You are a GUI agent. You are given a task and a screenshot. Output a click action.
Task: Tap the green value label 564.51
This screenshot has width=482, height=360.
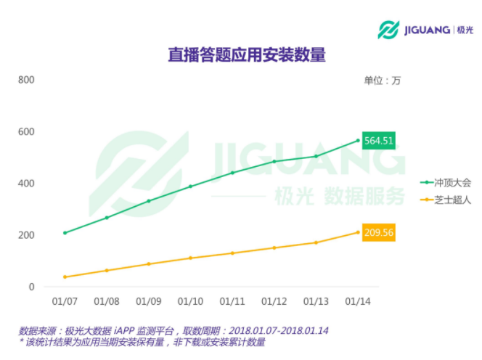click(378, 140)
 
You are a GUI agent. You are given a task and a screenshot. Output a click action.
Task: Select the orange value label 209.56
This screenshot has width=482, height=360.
click(378, 233)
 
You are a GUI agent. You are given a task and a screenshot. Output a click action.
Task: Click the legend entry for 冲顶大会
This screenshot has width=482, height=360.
click(446, 182)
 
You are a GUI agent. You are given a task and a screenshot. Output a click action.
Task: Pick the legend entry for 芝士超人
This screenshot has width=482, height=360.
click(446, 199)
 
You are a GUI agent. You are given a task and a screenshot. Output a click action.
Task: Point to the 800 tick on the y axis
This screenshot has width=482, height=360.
click(26, 79)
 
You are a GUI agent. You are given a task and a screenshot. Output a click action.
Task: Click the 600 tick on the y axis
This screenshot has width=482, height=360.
click(26, 131)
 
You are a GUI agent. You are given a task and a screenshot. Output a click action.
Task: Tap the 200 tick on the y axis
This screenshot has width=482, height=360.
click(26, 235)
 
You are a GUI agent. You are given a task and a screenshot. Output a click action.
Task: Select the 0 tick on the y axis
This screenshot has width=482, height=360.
click(31, 287)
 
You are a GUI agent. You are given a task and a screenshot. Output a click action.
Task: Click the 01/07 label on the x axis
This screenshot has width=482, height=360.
click(65, 301)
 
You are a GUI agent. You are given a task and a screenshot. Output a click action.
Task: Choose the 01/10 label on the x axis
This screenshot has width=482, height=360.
click(190, 301)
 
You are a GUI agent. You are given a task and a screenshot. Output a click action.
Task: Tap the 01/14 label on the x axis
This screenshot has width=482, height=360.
click(357, 301)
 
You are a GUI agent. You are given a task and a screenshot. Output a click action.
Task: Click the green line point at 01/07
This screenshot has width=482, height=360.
click(65, 232)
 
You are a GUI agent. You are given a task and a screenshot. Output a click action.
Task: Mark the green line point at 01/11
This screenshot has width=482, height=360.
click(232, 173)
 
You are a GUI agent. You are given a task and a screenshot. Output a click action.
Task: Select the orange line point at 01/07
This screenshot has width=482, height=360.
click(65, 277)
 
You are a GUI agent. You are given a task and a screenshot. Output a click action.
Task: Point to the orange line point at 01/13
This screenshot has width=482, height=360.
click(316, 242)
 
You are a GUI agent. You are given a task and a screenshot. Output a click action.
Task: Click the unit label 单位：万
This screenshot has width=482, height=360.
click(382, 81)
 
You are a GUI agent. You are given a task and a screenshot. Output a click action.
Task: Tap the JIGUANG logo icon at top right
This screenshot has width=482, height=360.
click(389, 30)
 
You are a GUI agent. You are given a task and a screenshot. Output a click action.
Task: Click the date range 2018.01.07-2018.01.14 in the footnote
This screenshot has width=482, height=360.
click(274, 330)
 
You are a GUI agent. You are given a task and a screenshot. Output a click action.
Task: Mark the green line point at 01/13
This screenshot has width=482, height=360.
click(316, 156)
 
